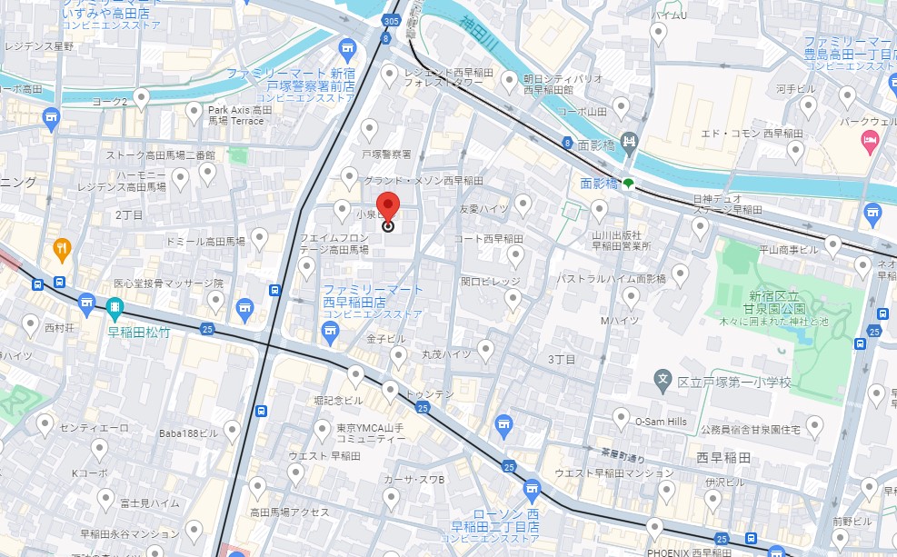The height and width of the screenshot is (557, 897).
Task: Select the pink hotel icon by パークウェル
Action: pyautogui.click(x=868, y=140)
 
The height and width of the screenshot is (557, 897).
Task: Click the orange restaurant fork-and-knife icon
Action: pyautogui.click(x=62, y=246)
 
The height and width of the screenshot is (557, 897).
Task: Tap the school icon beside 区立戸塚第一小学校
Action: pyautogui.click(x=663, y=378)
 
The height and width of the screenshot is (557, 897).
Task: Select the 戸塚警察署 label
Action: pyautogui.click(x=386, y=154)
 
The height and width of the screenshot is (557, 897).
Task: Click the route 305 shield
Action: pyautogui.click(x=391, y=20)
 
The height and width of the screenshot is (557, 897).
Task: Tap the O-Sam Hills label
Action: pyautogui.click(x=661, y=422)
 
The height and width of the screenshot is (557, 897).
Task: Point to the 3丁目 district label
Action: pyautogui.click(x=562, y=360)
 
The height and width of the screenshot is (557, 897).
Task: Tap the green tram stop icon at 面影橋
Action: pyautogui.click(x=628, y=184)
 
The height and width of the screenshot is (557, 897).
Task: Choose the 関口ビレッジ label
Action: pyautogui.click(x=490, y=282)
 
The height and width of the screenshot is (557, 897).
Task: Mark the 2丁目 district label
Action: pyautogui.click(x=129, y=215)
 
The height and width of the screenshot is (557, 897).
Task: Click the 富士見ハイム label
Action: pyautogui.click(x=150, y=502)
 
